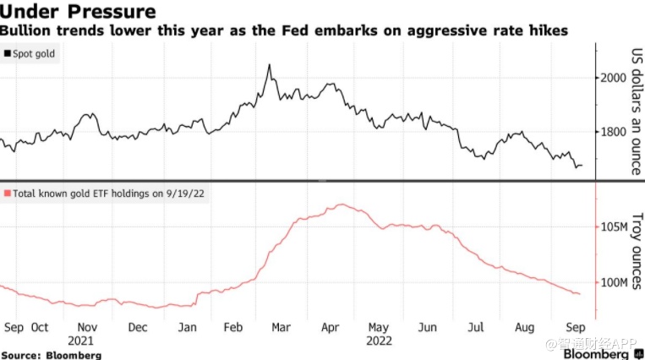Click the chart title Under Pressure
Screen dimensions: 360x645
point(78,12)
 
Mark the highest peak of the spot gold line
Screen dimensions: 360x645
point(269,64)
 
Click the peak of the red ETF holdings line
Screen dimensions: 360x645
point(340,205)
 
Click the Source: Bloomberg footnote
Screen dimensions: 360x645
point(51,355)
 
